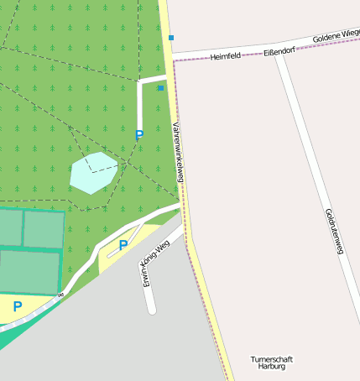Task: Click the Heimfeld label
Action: point(226,56)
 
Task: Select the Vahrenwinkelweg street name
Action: point(178,152)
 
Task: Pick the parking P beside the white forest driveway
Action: point(139,134)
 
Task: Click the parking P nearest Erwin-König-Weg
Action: point(123,245)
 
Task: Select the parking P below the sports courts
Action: point(17,307)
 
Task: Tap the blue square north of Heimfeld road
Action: point(171,38)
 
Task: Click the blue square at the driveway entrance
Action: point(161,87)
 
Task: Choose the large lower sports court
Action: point(29,271)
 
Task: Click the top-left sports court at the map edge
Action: point(9,227)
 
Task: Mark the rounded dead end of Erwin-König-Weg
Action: point(151,309)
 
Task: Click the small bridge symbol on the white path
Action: point(60,295)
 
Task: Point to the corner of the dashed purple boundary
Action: point(175,61)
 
